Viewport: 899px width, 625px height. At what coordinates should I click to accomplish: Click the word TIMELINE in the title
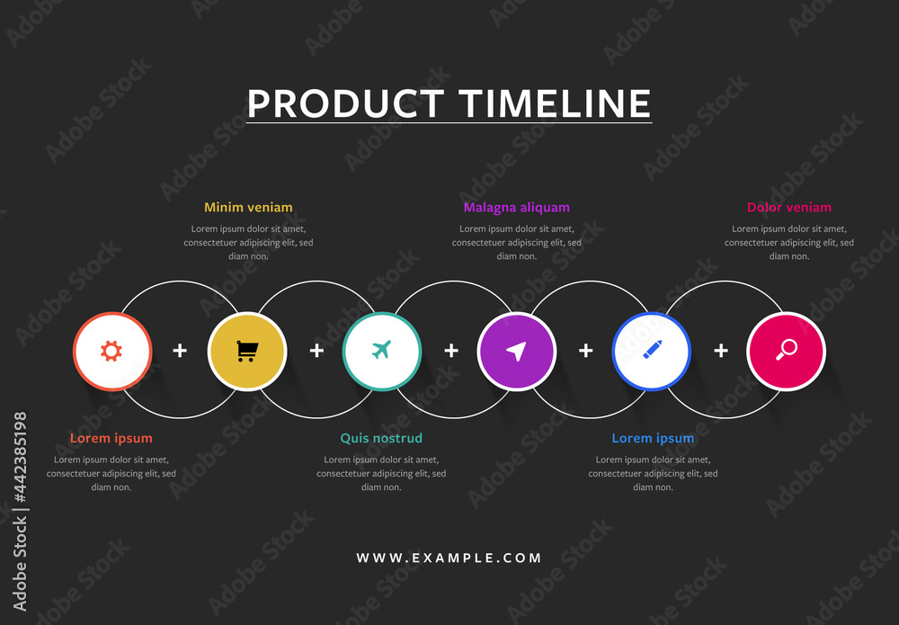(554, 103)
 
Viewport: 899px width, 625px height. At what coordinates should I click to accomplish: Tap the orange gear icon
(111, 351)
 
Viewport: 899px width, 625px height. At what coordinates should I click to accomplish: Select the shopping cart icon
(246, 351)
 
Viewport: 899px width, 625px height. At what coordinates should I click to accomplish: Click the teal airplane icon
(381, 350)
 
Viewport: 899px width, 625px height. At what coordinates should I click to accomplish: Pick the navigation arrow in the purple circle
(516, 351)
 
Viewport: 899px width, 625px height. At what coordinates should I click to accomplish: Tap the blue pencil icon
(652, 350)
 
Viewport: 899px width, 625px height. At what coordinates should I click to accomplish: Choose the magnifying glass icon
(787, 350)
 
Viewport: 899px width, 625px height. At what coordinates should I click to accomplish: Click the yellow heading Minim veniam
(248, 208)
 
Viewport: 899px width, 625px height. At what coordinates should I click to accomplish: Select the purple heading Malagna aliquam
(517, 208)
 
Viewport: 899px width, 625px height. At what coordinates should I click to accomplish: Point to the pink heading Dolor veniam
(789, 208)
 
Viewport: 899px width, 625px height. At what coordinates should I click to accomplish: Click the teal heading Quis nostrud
(381, 439)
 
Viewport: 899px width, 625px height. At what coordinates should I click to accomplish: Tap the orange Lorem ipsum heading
(111, 439)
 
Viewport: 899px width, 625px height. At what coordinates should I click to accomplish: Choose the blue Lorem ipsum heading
(653, 439)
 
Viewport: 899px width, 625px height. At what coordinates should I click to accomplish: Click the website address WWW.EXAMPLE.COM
(449, 558)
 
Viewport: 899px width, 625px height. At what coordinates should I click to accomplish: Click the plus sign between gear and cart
(180, 351)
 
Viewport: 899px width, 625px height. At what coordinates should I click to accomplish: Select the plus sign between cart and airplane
(316, 351)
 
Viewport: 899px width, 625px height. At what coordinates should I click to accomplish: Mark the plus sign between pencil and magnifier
(721, 351)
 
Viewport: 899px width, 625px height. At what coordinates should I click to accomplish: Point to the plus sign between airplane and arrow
(451, 351)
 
